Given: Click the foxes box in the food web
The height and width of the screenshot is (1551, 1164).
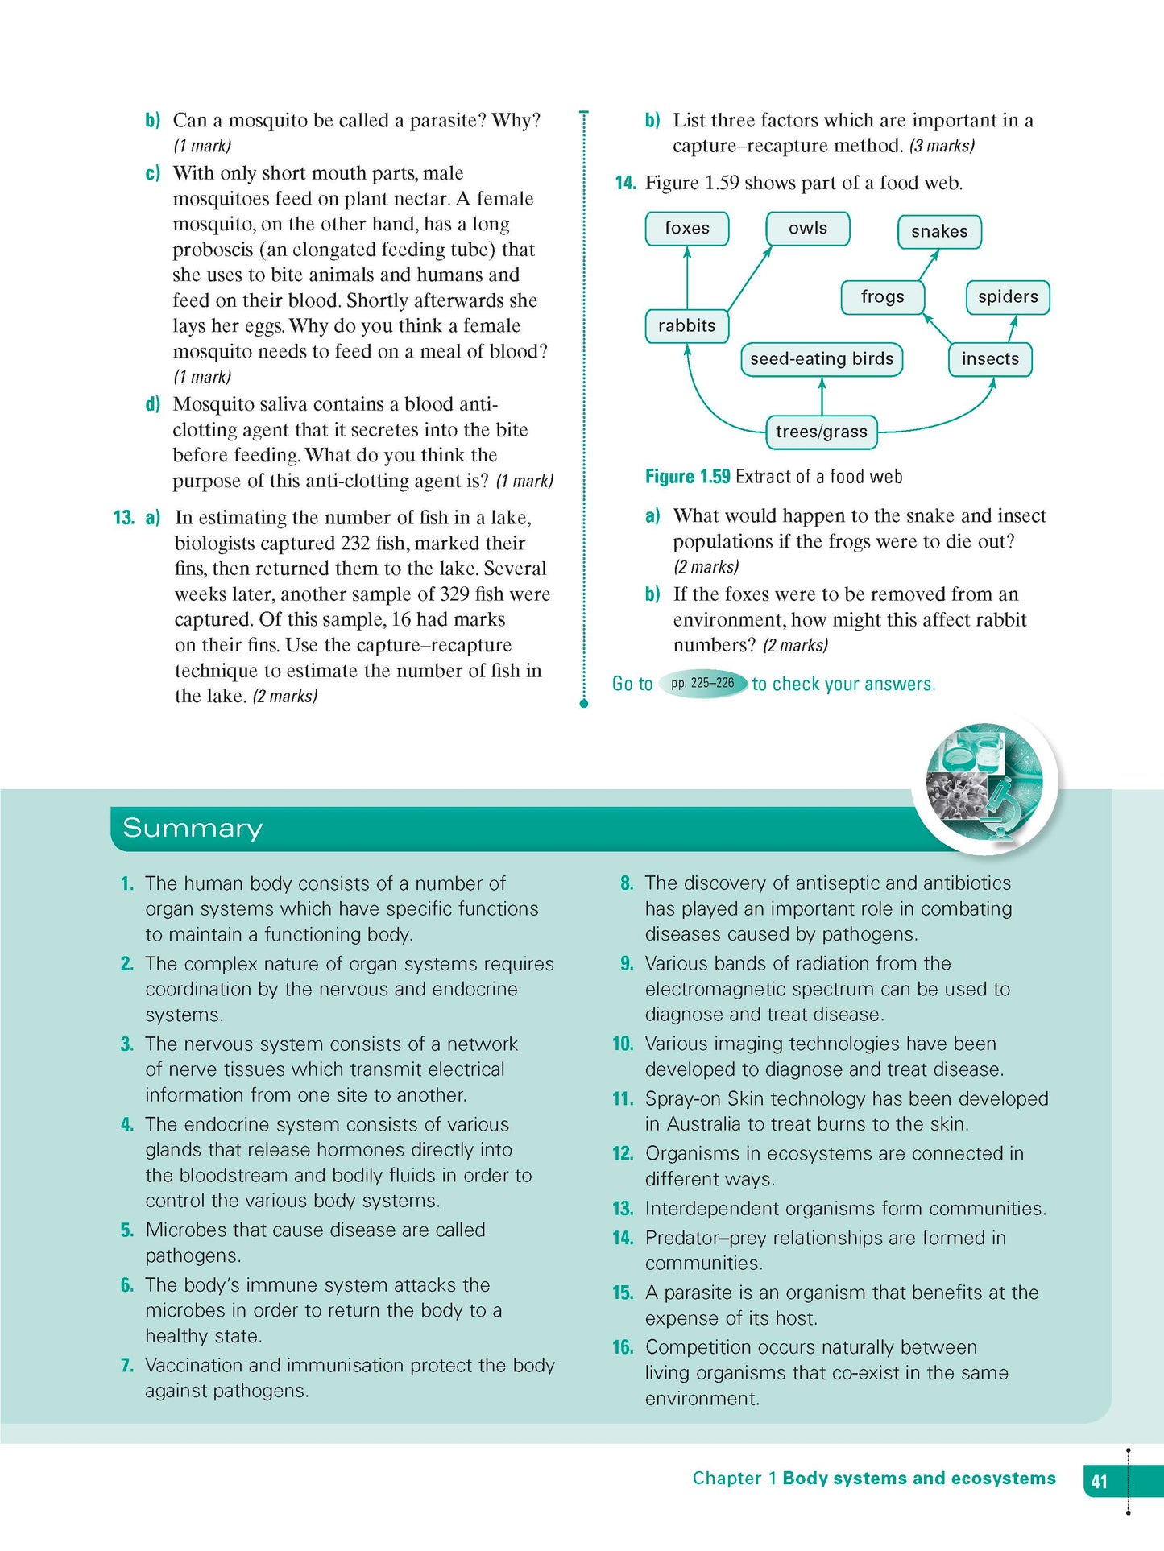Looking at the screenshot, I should [686, 229].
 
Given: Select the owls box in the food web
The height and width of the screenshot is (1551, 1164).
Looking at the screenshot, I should [807, 229].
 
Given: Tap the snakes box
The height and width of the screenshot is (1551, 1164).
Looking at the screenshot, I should [939, 232].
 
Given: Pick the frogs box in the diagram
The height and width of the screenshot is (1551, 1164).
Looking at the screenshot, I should [882, 297].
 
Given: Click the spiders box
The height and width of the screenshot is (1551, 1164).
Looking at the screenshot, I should [1008, 297].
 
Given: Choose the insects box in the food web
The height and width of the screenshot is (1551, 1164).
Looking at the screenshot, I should [990, 359].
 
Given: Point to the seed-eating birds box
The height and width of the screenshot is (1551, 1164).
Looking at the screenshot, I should [821, 359].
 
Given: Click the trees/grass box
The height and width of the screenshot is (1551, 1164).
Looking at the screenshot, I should [821, 432].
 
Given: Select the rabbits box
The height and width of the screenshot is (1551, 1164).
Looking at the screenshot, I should [686, 326].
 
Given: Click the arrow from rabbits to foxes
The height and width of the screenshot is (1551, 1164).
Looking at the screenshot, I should [687, 278].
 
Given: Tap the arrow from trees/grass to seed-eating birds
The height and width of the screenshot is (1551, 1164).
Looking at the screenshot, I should [822, 396].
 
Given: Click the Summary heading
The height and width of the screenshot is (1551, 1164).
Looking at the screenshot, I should [193, 828].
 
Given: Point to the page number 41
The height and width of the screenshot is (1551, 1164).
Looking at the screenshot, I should [1100, 1481].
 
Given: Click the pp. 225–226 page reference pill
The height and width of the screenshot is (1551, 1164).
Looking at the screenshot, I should [702, 684].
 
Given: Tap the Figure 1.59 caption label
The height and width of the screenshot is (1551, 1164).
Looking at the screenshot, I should [687, 477].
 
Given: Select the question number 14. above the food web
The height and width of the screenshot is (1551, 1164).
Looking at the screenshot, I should [625, 183].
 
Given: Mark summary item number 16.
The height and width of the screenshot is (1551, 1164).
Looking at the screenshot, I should [623, 1347].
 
